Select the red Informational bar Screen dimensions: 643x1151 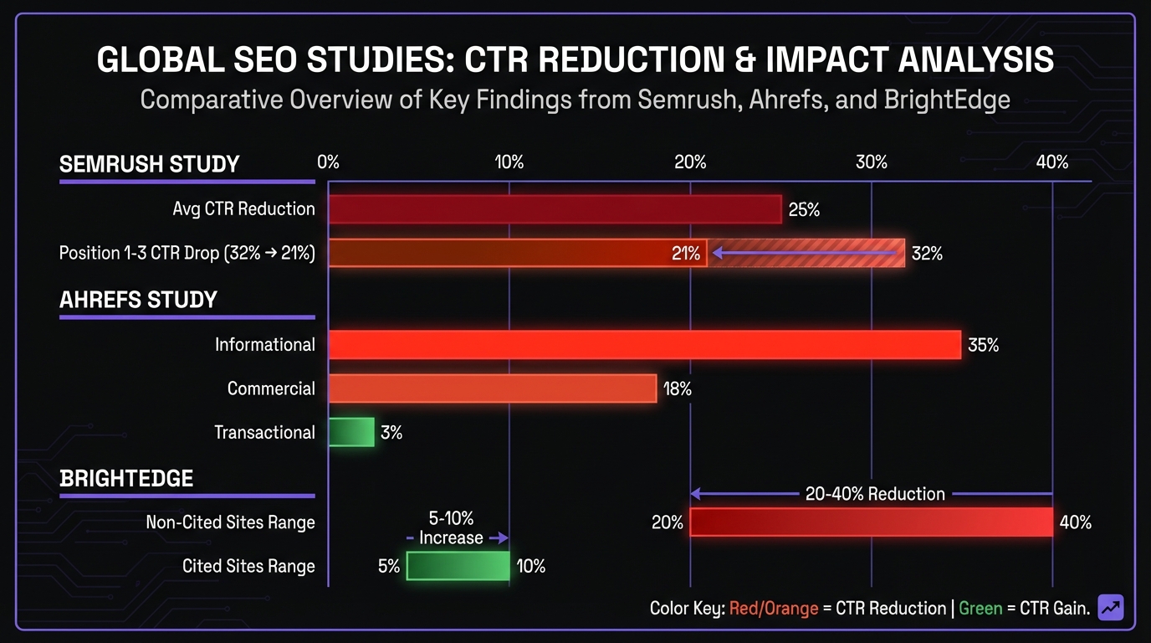coord(644,345)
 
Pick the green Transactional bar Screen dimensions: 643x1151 coord(350,432)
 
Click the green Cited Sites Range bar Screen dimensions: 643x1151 coord(458,566)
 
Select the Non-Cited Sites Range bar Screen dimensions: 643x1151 coord(871,522)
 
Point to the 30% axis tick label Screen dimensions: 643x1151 coord(871,162)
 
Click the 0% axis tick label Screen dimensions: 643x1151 coord(329,162)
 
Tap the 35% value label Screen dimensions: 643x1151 coord(983,345)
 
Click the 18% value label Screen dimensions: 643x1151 coord(677,388)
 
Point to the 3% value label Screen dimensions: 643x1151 coord(391,433)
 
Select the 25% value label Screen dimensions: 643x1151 coord(804,210)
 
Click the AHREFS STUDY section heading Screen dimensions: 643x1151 coord(138,300)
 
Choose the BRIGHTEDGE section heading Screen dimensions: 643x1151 coord(126,478)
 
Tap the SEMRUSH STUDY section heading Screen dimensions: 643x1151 coord(149,164)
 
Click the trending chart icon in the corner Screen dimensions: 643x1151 coord(1111,607)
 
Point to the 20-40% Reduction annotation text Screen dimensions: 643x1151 coord(875,494)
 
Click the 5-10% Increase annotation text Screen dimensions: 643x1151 coord(452,528)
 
